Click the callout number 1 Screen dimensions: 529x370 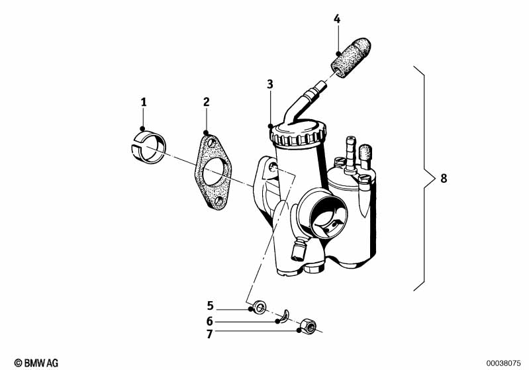[144, 102]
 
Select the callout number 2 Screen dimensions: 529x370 [207, 102]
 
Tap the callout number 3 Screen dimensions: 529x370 [270, 84]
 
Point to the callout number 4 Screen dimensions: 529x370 [337, 19]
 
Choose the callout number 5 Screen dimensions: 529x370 [210, 306]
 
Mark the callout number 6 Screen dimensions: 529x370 [209, 321]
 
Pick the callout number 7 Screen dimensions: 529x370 [209, 334]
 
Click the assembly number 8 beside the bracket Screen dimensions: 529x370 [444, 178]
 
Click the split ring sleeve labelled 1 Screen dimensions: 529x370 [148, 147]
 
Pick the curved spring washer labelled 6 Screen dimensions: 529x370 [285, 315]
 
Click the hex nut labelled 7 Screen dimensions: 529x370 [308, 326]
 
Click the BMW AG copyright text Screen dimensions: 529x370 [36, 363]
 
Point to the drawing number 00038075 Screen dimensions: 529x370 [503, 363]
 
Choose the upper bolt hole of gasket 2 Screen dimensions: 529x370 [211, 143]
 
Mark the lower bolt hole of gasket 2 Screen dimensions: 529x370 [220, 201]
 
